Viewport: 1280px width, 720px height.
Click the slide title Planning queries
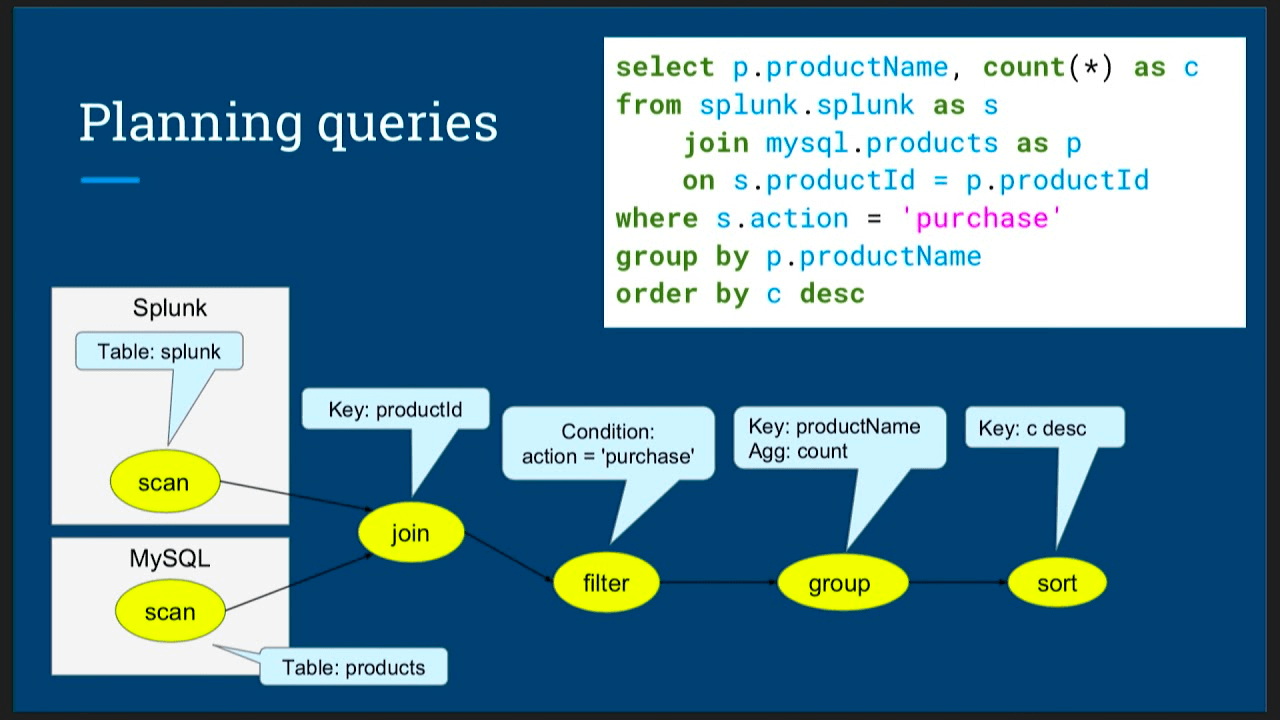(x=288, y=122)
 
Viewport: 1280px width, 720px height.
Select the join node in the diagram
(x=411, y=533)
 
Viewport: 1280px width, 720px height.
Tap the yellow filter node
(x=606, y=583)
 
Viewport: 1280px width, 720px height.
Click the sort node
(x=1057, y=583)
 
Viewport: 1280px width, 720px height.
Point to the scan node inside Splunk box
(x=163, y=483)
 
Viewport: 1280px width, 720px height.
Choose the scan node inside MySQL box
(x=169, y=612)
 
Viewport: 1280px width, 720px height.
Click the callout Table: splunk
(x=159, y=352)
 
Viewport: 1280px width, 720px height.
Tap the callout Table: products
(x=353, y=667)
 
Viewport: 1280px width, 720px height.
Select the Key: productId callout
(x=395, y=410)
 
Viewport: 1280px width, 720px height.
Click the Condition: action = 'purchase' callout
(x=608, y=444)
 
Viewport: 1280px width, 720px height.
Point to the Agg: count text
(x=798, y=452)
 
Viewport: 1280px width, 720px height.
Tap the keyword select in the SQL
(x=665, y=67)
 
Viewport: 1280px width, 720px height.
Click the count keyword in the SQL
(x=1024, y=67)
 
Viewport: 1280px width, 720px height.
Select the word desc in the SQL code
(x=832, y=294)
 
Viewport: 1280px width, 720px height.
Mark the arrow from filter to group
(x=718, y=582)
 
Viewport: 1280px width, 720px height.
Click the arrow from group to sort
(x=957, y=582)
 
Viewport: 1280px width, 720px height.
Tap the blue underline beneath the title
(x=110, y=180)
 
